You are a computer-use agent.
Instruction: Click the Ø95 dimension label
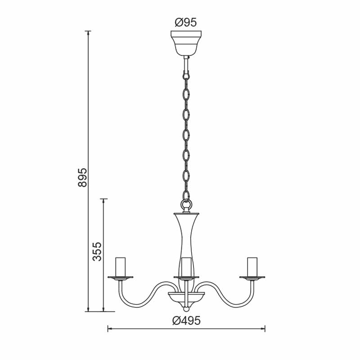pos(186,22)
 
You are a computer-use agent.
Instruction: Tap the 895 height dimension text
pos(83,177)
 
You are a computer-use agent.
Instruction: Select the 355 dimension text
pos(97,252)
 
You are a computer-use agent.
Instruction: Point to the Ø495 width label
pos(186,320)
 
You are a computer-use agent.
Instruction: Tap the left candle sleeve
pos(121,267)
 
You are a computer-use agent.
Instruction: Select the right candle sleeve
pos(252,267)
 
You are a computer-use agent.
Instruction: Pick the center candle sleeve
pos(186,267)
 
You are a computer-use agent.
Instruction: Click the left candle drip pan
pos(121,278)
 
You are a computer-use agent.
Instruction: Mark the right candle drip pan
pos(252,278)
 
